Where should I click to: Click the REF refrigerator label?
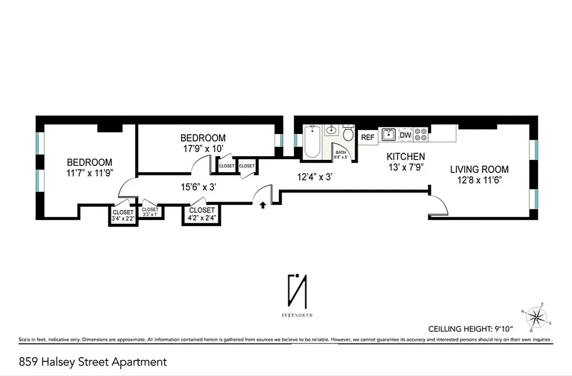point(368,137)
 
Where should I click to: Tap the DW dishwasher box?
point(405,135)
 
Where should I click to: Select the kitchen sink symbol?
point(388,135)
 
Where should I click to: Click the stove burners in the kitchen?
point(421,135)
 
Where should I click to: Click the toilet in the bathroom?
point(348,133)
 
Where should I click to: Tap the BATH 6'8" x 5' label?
point(340,154)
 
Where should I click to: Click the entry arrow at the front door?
point(263,204)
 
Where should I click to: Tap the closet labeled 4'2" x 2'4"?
point(202,213)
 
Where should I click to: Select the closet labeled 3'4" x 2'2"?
point(123,215)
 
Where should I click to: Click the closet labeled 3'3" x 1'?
point(150,212)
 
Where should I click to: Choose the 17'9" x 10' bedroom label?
point(203,143)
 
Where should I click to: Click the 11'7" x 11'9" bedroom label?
point(89,167)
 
